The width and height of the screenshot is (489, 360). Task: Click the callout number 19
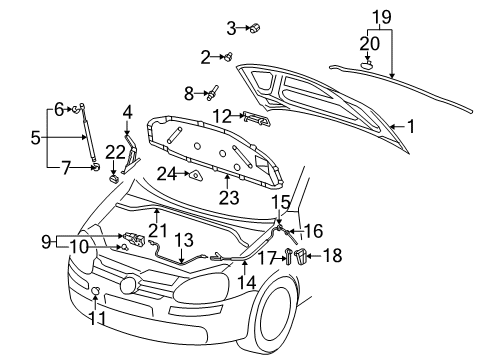pos(381,17)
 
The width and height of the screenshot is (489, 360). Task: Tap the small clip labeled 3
pos(255,27)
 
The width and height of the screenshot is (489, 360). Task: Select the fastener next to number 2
pos(229,57)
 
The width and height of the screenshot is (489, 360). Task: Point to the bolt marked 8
pos(212,92)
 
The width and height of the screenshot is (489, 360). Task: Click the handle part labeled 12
pos(256,118)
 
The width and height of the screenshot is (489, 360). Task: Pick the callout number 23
pos(229,198)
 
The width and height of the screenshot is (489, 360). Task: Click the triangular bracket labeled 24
pos(195,175)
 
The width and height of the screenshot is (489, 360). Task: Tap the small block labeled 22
pos(114,179)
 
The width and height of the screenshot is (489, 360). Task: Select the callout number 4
pos(127,113)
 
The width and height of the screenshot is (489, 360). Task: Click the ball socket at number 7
pos(95,167)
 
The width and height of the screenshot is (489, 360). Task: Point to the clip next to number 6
pos(76,108)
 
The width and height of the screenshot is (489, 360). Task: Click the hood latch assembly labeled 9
pos(134,239)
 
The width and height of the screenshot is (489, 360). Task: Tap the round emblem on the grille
pos(128,285)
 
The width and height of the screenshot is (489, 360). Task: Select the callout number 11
pos(97,318)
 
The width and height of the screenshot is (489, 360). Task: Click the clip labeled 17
pos(288,256)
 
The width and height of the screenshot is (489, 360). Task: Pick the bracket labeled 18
pos(301,256)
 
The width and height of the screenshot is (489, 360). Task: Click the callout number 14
pos(247,283)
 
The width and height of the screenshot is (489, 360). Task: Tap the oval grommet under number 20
pos(366,64)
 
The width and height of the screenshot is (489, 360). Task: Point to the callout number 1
pos(411,127)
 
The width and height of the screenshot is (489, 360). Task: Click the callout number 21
pos(157,231)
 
